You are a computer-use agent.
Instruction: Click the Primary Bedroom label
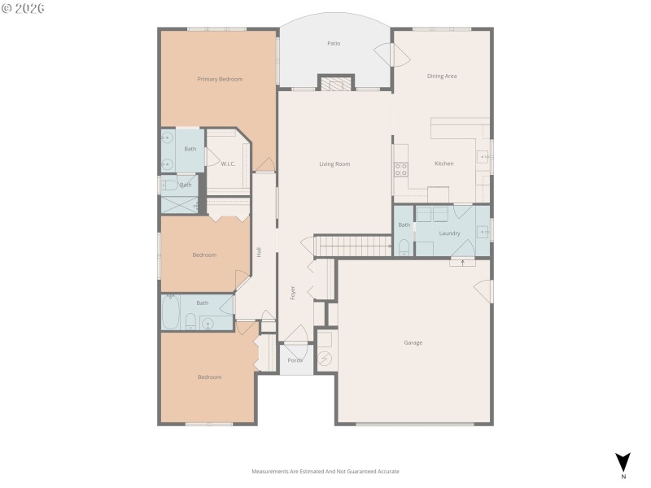[x=220, y=79]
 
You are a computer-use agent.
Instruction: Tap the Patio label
[x=334, y=43]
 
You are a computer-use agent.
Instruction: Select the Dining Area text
[x=442, y=76]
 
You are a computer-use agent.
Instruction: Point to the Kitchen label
[x=443, y=163]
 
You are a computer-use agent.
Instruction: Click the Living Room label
[x=334, y=163]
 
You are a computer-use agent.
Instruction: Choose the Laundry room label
[x=450, y=233]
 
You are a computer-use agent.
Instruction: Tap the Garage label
[x=413, y=342]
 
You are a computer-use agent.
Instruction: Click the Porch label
[x=295, y=360]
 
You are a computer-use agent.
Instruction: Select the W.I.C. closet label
[x=228, y=163]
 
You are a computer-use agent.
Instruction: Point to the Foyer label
[x=293, y=293]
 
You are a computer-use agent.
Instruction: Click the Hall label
[x=259, y=252]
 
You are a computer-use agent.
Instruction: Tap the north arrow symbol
[x=623, y=461]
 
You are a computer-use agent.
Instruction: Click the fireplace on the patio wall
[x=335, y=83]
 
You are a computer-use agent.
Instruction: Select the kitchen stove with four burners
[x=401, y=169]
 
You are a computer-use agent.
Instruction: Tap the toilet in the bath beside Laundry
[x=404, y=246]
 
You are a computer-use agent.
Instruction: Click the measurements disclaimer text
[x=325, y=471]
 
